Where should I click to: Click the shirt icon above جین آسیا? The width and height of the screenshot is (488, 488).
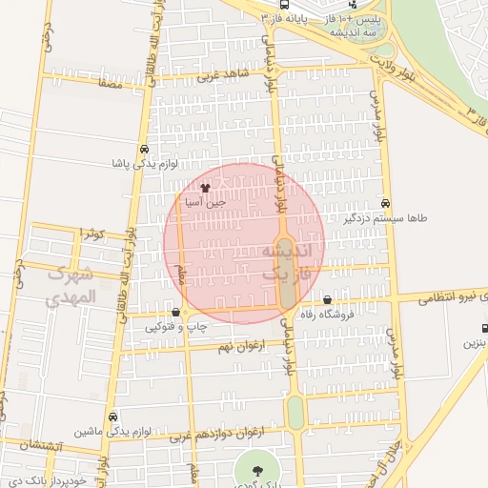[x=206, y=188]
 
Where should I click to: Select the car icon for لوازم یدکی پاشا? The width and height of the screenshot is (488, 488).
[x=143, y=150]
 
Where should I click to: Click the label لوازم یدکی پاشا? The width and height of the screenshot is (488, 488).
[x=142, y=164]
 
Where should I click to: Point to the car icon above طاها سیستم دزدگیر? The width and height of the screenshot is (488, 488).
[x=385, y=203]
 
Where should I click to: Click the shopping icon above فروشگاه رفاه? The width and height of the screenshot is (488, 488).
[x=328, y=301]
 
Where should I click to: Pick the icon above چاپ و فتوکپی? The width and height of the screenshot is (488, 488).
[x=175, y=313]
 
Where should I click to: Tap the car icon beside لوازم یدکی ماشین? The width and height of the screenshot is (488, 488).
[x=113, y=417]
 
